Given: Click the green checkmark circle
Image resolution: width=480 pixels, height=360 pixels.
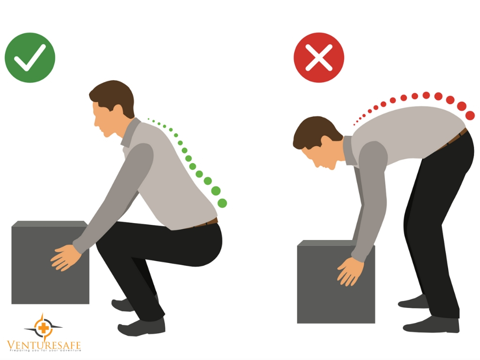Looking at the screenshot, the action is pos(30,58).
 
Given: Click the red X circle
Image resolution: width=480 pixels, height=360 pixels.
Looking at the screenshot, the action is pos(319,58).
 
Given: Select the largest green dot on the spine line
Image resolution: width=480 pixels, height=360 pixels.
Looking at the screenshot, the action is pos(222,203).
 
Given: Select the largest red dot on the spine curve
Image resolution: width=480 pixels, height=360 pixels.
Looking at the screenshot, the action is pos(470,115).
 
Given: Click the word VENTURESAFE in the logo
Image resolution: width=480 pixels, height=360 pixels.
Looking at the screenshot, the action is pos(44,345).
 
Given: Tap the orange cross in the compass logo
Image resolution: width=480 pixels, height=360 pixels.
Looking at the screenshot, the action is pos(44,328).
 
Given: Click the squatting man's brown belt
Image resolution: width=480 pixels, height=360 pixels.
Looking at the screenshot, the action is pos(206,223).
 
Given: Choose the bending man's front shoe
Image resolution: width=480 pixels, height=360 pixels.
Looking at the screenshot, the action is pos(431,326).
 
